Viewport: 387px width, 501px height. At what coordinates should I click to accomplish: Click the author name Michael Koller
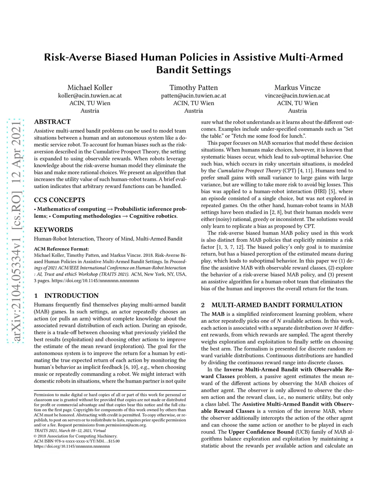point(90,88)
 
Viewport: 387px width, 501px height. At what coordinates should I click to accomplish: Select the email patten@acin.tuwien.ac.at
point(193,96)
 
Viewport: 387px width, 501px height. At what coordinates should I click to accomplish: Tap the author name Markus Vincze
point(297,88)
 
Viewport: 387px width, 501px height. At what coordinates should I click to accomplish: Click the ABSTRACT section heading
point(52,122)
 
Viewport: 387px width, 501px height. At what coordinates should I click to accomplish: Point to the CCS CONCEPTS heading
point(59,200)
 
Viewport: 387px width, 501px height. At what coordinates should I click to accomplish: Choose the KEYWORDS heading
point(53,230)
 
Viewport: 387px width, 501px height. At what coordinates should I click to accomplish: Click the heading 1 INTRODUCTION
point(66,296)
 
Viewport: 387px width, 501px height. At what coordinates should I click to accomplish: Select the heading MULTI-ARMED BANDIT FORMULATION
point(277,305)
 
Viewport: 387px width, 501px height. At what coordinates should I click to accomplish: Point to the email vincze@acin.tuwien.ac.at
point(297,96)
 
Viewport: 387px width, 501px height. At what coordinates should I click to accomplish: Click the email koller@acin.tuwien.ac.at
point(90,96)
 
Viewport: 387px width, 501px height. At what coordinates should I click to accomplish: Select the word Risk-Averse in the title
point(73,57)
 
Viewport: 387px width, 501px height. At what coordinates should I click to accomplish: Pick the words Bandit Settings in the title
point(193,70)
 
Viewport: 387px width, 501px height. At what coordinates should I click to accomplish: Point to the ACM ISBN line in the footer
point(77,441)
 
